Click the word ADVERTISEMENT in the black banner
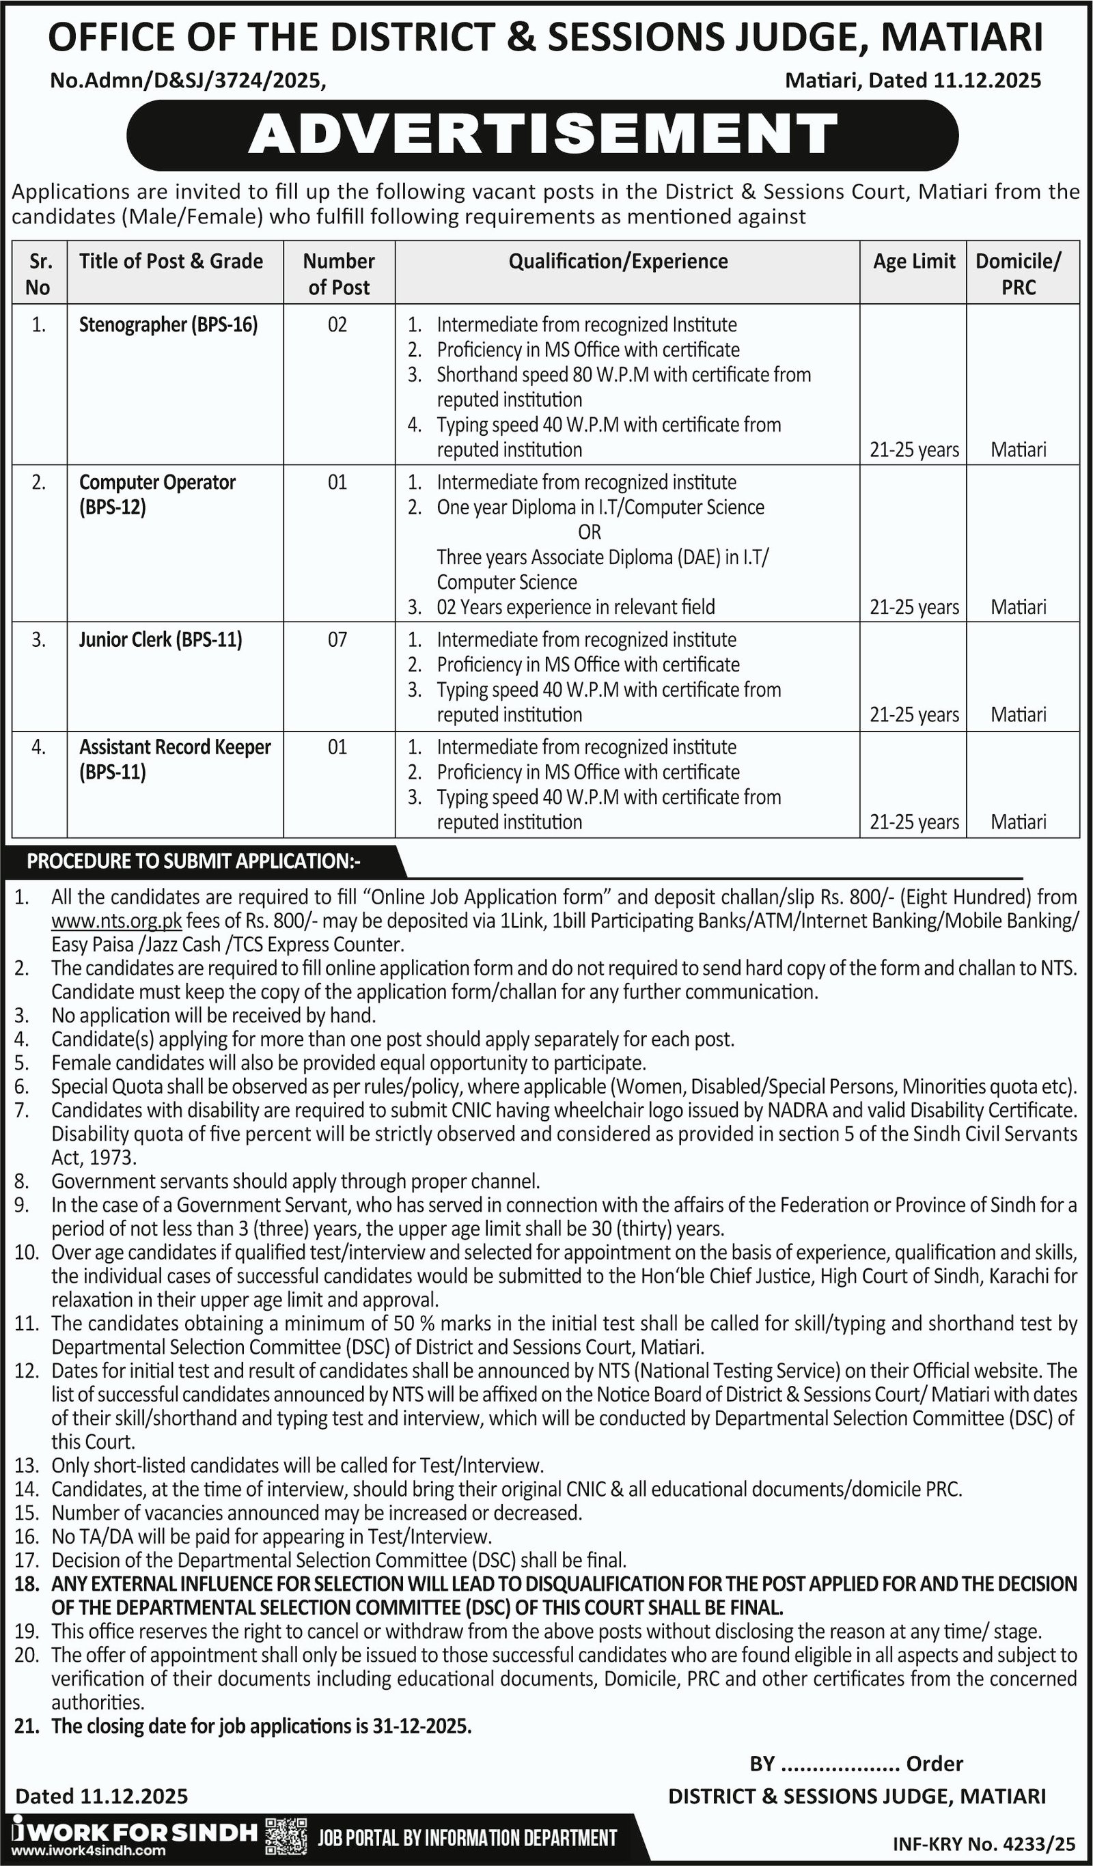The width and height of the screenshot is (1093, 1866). pos(543,135)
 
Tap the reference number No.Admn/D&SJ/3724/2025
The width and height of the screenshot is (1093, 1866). pos(187,80)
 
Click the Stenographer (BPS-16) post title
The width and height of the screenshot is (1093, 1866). pos(168,324)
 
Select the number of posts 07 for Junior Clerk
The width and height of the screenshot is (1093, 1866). pos(337,639)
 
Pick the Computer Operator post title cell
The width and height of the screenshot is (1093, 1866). pos(157,494)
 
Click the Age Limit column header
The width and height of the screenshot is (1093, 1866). pos(914,262)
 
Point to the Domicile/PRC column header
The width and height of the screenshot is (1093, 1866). pos(1019,273)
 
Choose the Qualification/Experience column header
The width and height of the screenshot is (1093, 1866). pos(618,262)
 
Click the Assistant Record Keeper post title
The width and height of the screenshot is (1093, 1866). pos(175,759)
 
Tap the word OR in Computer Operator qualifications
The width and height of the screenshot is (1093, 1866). pos(590,531)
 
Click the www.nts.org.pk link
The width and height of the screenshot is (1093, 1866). pos(116,921)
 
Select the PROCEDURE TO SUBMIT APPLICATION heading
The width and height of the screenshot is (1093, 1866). pos(194,861)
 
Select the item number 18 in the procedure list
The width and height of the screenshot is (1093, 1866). pos(25,1584)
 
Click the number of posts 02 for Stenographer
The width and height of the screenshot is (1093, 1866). pos(337,324)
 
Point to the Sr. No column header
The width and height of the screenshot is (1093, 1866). pos(38,274)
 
